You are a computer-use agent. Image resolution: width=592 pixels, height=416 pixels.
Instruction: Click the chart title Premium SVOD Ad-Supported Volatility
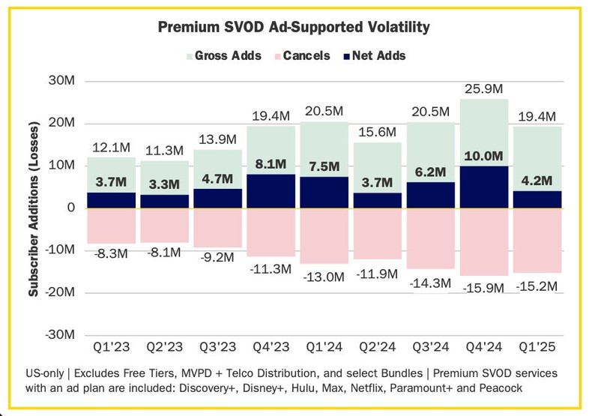[294, 28]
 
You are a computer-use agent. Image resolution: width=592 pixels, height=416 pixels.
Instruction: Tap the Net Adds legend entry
[373, 55]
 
